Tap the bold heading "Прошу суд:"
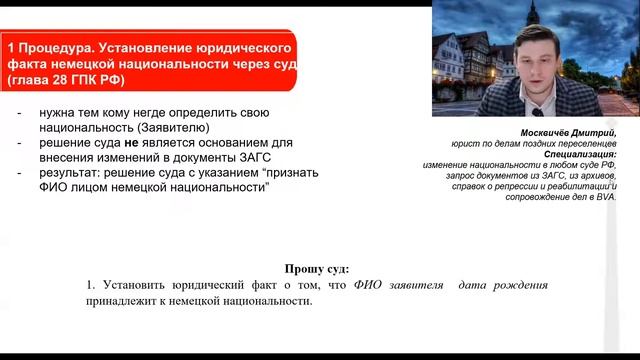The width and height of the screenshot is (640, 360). point(318,270)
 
